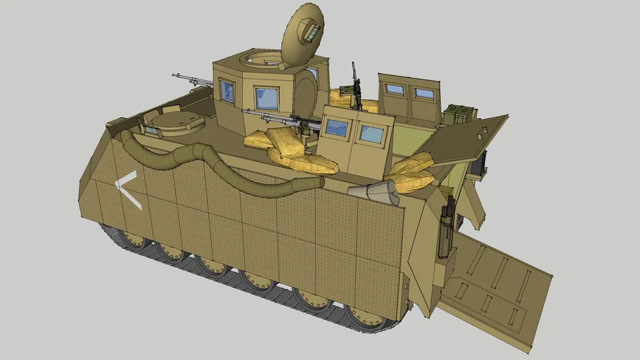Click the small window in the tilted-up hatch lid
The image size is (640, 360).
pos(310,30)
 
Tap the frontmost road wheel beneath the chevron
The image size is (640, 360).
pos(132,239)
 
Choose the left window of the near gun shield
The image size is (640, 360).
pos(337,127)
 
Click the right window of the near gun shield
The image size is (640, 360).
pos(371,134)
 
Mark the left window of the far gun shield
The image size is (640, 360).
pos(395,89)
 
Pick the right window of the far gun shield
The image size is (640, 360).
pos(424,94)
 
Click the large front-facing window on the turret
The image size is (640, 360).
pos(266,98)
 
